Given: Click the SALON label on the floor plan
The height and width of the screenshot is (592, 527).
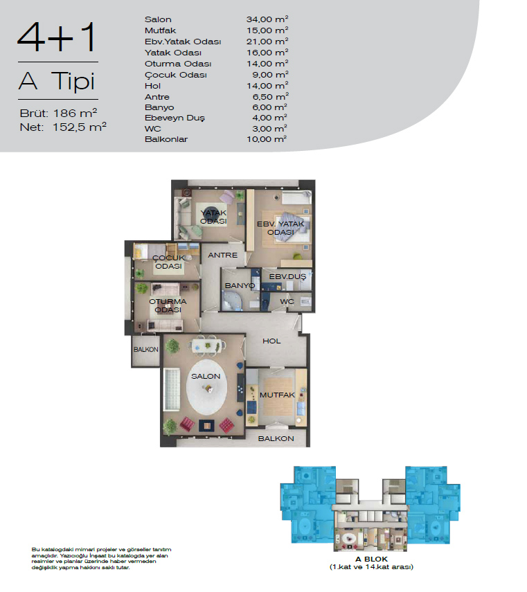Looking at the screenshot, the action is tap(206, 376).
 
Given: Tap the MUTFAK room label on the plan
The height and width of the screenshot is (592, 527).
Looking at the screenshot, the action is tap(277, 395).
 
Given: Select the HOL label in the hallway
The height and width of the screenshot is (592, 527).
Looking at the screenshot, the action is tap(271, 341).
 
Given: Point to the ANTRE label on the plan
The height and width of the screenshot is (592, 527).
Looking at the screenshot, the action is tap(223, 255).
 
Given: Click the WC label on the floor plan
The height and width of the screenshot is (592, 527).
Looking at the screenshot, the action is tap(287, 301).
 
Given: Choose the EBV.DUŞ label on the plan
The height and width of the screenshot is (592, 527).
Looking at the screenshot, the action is tap(287, 277).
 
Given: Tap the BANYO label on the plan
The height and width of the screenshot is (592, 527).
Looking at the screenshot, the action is tap(240, 286).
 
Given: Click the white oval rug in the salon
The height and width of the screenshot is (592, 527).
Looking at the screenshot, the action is tap(206, 387).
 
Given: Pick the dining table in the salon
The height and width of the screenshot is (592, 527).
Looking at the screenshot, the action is tap(207, 346).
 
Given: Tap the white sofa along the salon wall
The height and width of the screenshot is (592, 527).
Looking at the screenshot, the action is tap(171, 389).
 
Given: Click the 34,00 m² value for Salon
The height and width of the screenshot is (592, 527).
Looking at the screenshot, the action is tap(267, 19).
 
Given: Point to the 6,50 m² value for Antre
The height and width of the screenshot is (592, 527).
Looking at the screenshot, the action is tap(270, 97).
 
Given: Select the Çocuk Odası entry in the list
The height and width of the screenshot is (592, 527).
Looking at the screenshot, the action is tap(175, 75).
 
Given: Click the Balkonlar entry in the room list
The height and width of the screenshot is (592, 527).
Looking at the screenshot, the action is tap(166, 139).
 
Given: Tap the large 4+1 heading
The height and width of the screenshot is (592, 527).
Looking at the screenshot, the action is tap(57, 37).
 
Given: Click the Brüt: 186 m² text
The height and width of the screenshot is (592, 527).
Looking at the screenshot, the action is tap(58, 113).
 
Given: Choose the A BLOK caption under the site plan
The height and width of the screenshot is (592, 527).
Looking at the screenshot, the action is tap(371, 559).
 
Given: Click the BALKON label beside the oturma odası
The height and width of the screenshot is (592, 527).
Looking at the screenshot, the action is tap(146, 350).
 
